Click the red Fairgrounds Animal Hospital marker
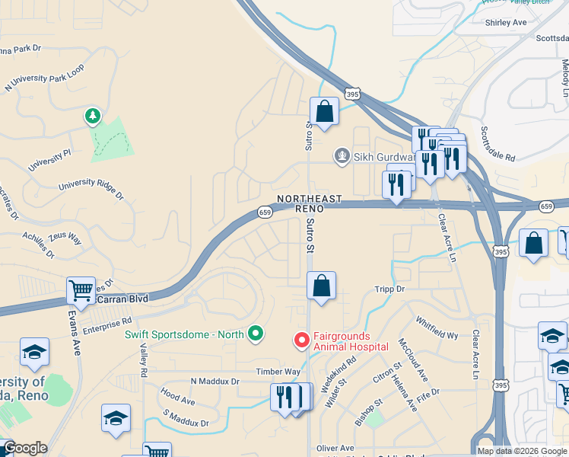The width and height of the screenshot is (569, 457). [302, 340]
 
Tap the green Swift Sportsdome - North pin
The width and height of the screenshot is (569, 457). [256, 334]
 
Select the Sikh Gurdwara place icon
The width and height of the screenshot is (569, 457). [342, 156]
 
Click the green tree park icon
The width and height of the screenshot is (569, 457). [93, 116]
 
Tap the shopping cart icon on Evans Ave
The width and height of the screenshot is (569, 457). [81, 290]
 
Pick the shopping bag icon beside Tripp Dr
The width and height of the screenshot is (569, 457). [322, 286]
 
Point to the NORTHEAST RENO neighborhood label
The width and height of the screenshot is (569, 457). [309, 203]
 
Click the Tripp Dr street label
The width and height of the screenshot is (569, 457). [390, 289]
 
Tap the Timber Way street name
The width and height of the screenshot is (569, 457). [278, 372]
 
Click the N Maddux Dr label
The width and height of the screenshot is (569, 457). [215, 381]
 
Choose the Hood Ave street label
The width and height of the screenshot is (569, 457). [178, 398]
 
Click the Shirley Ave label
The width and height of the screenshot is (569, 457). [506, 23]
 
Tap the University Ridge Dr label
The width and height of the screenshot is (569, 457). [91, 189]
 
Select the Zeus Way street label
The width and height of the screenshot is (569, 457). [65, 237]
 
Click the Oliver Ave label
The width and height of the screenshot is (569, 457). [335, 448]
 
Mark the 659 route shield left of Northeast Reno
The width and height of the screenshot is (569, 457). [264, 212]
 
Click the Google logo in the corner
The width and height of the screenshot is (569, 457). [25, 449]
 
